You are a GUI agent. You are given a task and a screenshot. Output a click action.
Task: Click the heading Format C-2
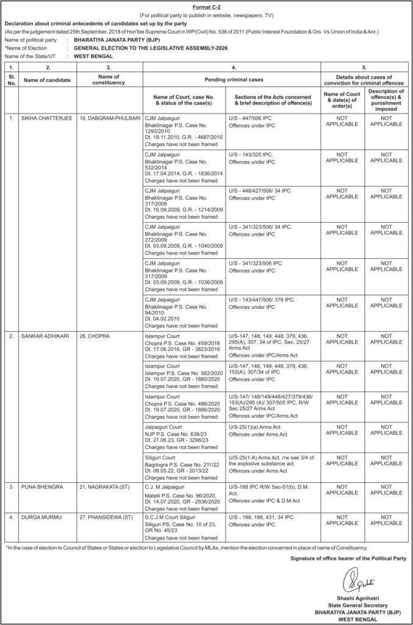tap(206, 5)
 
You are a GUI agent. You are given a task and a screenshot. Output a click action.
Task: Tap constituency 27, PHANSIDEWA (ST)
tap(106, 516)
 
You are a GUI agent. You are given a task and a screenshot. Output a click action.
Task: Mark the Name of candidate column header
tap(47, 80)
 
